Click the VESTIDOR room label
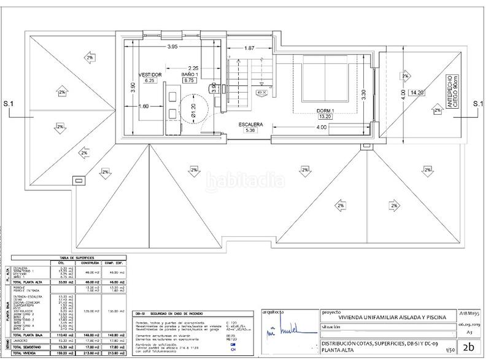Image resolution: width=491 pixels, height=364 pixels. coord(150,74)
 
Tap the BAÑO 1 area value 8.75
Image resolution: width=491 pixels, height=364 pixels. coord(188,80)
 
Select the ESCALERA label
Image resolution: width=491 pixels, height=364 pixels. coord(251,125)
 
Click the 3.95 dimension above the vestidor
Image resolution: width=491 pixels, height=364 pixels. coord(172,47)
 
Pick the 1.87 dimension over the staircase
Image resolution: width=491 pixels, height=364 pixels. coord(249,48)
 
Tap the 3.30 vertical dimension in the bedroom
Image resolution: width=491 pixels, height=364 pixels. coord(363,95)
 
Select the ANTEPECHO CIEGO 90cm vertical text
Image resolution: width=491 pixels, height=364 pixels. coord(452,92)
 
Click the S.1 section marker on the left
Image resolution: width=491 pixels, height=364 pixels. coord(9,104)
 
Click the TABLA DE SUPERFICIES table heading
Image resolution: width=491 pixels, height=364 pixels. coord(68,258)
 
